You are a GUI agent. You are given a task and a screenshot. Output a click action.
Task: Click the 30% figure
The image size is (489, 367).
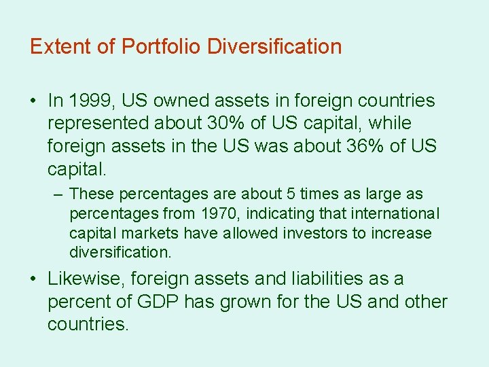[229, 124]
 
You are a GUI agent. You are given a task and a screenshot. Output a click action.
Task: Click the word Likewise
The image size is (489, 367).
[86, 279]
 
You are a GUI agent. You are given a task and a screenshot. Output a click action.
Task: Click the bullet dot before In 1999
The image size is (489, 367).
[33, 101]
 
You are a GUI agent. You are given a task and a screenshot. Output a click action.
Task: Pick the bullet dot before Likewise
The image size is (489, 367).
[33, 279]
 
